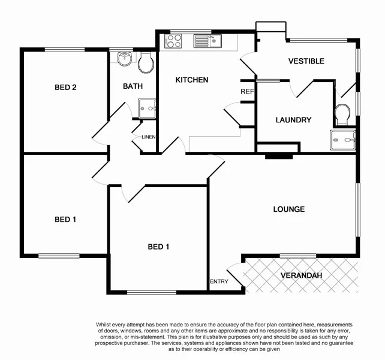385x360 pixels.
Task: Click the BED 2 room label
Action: tap(65, 87)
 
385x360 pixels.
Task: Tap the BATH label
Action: tap(133, 86)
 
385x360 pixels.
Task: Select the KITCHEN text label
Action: tap(191, 80)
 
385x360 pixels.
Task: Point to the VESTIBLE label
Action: tap(306, 61)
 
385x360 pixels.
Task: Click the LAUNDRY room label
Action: tap(293, 120)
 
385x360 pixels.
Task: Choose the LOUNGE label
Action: tap(289, 209)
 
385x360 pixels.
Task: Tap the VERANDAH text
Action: tap(301, 275)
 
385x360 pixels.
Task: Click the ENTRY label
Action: tap(219, 281)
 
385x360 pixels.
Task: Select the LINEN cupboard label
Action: tap(149, 137)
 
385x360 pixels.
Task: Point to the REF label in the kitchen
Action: tap(247, 92)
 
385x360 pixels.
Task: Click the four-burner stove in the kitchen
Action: tap(174, 41)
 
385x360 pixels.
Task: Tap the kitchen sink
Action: tap(208, 41)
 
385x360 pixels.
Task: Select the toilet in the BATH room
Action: tap(146, 62)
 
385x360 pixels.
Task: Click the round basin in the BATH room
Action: tap(125, 59)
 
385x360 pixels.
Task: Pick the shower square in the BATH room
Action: tap(146, 108)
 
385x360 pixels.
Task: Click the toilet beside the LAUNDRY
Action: tap(343, 113)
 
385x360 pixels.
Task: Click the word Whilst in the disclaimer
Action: tap(106, 325)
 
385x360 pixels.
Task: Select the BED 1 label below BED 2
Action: tap(65, 219)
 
